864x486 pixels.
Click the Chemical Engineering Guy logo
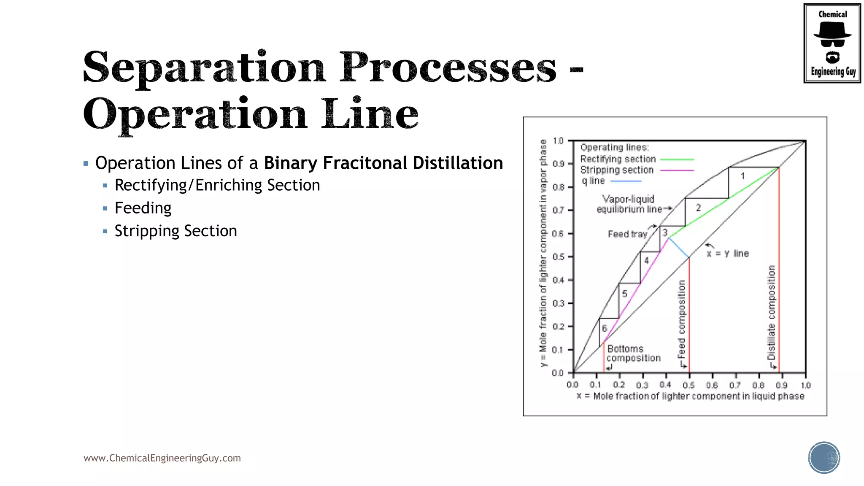point(832,43)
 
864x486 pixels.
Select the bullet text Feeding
point(143,208)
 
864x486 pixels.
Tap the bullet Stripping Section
point(175,231)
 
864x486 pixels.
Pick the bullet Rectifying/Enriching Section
point(217,185)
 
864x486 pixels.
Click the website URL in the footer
point(162,458)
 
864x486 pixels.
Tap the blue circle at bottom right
point(823,458)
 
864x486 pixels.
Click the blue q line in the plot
point(678,248)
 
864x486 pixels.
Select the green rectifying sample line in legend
point(677,159)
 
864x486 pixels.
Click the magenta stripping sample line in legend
point(677,170)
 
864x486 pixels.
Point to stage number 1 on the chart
point(742,176)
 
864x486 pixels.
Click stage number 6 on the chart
point(605,328)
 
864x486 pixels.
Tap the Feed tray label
point(627,234)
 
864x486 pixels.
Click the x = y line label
point(728,254)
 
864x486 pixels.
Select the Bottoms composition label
point(633,354)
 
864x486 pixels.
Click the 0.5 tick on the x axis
point(688,385)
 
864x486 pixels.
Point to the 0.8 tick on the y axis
point(558,187)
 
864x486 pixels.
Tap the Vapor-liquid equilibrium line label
point(629,204)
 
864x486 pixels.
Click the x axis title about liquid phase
point(690,396)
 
